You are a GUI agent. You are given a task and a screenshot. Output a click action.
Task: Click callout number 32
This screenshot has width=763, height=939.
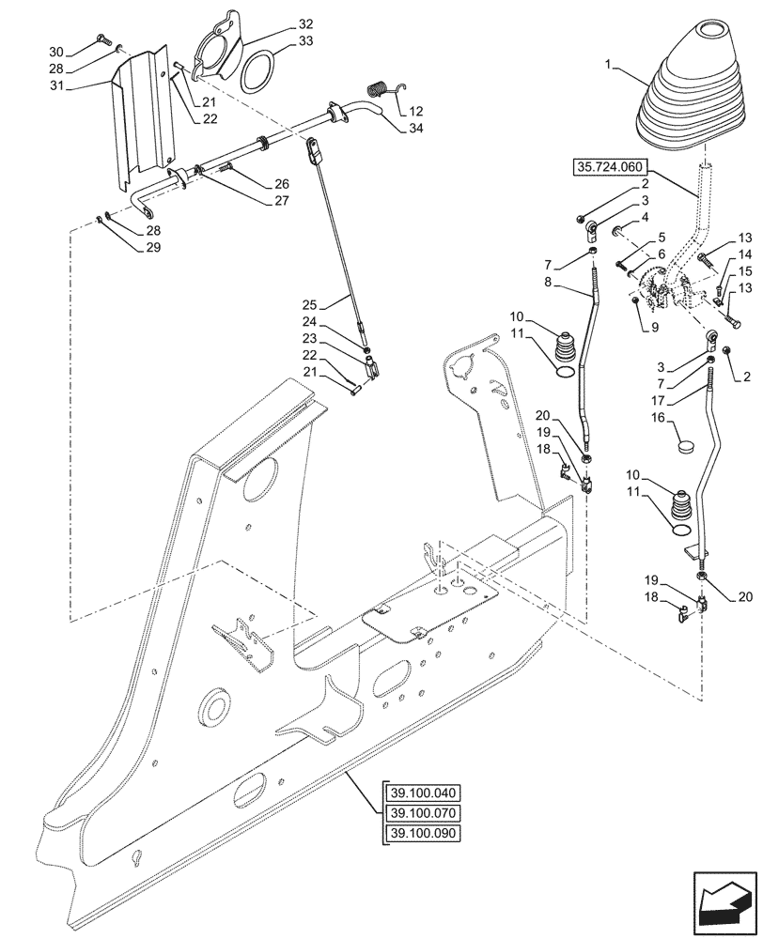click(x=306, y=23)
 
